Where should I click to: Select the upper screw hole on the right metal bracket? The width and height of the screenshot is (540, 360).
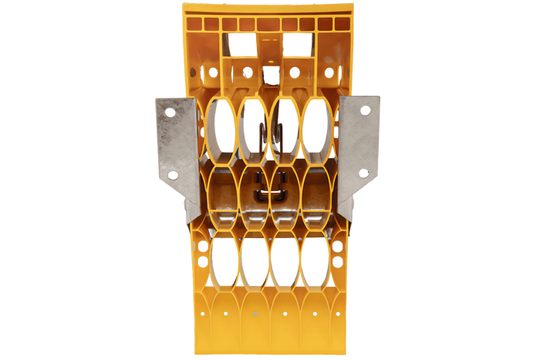click(365, 112)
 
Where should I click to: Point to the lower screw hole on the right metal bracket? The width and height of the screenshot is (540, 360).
click(364, 173)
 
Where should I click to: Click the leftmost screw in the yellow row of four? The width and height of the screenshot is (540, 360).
click(213, 72)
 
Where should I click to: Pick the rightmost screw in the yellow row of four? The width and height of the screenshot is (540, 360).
click(329, 72)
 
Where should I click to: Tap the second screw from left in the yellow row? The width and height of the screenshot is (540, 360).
click(248, 72)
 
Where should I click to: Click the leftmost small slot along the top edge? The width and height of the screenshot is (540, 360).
click(193, 24)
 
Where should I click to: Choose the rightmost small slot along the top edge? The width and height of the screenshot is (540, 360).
click(343, 24)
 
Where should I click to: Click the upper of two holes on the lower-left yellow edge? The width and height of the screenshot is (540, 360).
click(203, 247)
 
